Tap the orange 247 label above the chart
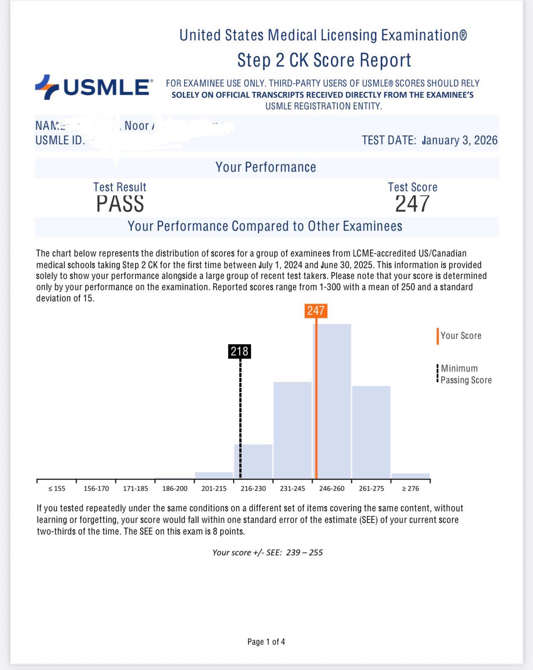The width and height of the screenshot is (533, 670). pyautogui.click(x=316, y=310)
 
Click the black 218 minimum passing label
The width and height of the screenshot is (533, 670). pyautogui.click(x=240, y=352)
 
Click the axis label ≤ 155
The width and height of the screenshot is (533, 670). pyautogui.click(x=57, y=489)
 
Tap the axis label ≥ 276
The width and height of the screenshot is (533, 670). pyautogui.click(x=410, y=489)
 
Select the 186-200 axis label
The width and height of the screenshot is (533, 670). pyautogui.click(x=174, y=489)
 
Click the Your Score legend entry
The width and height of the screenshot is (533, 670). pyautogui.click(x=460, y=336)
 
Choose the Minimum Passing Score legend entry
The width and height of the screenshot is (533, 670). pyautogui.click(x=465, y=374)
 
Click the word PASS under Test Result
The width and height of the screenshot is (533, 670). pyautogui.click(x=120, y=204)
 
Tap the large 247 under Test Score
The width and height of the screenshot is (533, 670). pyautogui.click(x=412, y=204)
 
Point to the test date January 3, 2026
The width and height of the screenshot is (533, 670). pyautogui.click(x=459, y=140)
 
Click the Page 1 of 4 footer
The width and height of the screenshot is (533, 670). pyautogui.click(x=266, y=642)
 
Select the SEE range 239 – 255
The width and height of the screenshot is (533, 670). pyautogui.click(x=304, y=552)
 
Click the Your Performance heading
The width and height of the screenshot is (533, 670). pyautogui.click(x=266, y=167)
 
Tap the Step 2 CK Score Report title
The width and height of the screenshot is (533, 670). pyautogui.click(x=324, y=60)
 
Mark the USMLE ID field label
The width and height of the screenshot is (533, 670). pyautogui.click(x=60, y=140)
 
